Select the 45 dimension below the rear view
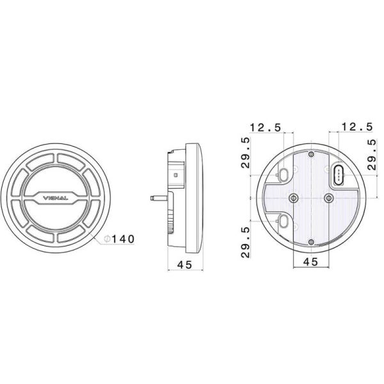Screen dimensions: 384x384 tap(310, 262)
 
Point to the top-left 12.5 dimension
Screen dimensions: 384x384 tap(266, 128)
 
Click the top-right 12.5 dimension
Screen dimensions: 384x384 tap(357, 128)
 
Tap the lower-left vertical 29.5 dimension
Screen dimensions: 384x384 tap(245, 242)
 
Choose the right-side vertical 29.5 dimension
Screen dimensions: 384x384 tap(372, 154)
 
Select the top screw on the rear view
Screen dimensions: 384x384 tap(311, 155)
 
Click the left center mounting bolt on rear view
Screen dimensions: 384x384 tap(294, 198)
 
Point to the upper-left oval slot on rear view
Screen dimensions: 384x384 tap(282, 174)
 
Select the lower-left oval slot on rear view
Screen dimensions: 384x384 tap(282, 221)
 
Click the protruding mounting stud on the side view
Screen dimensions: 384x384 tap(157, 198)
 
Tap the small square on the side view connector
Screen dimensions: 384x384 tap(177, 173)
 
